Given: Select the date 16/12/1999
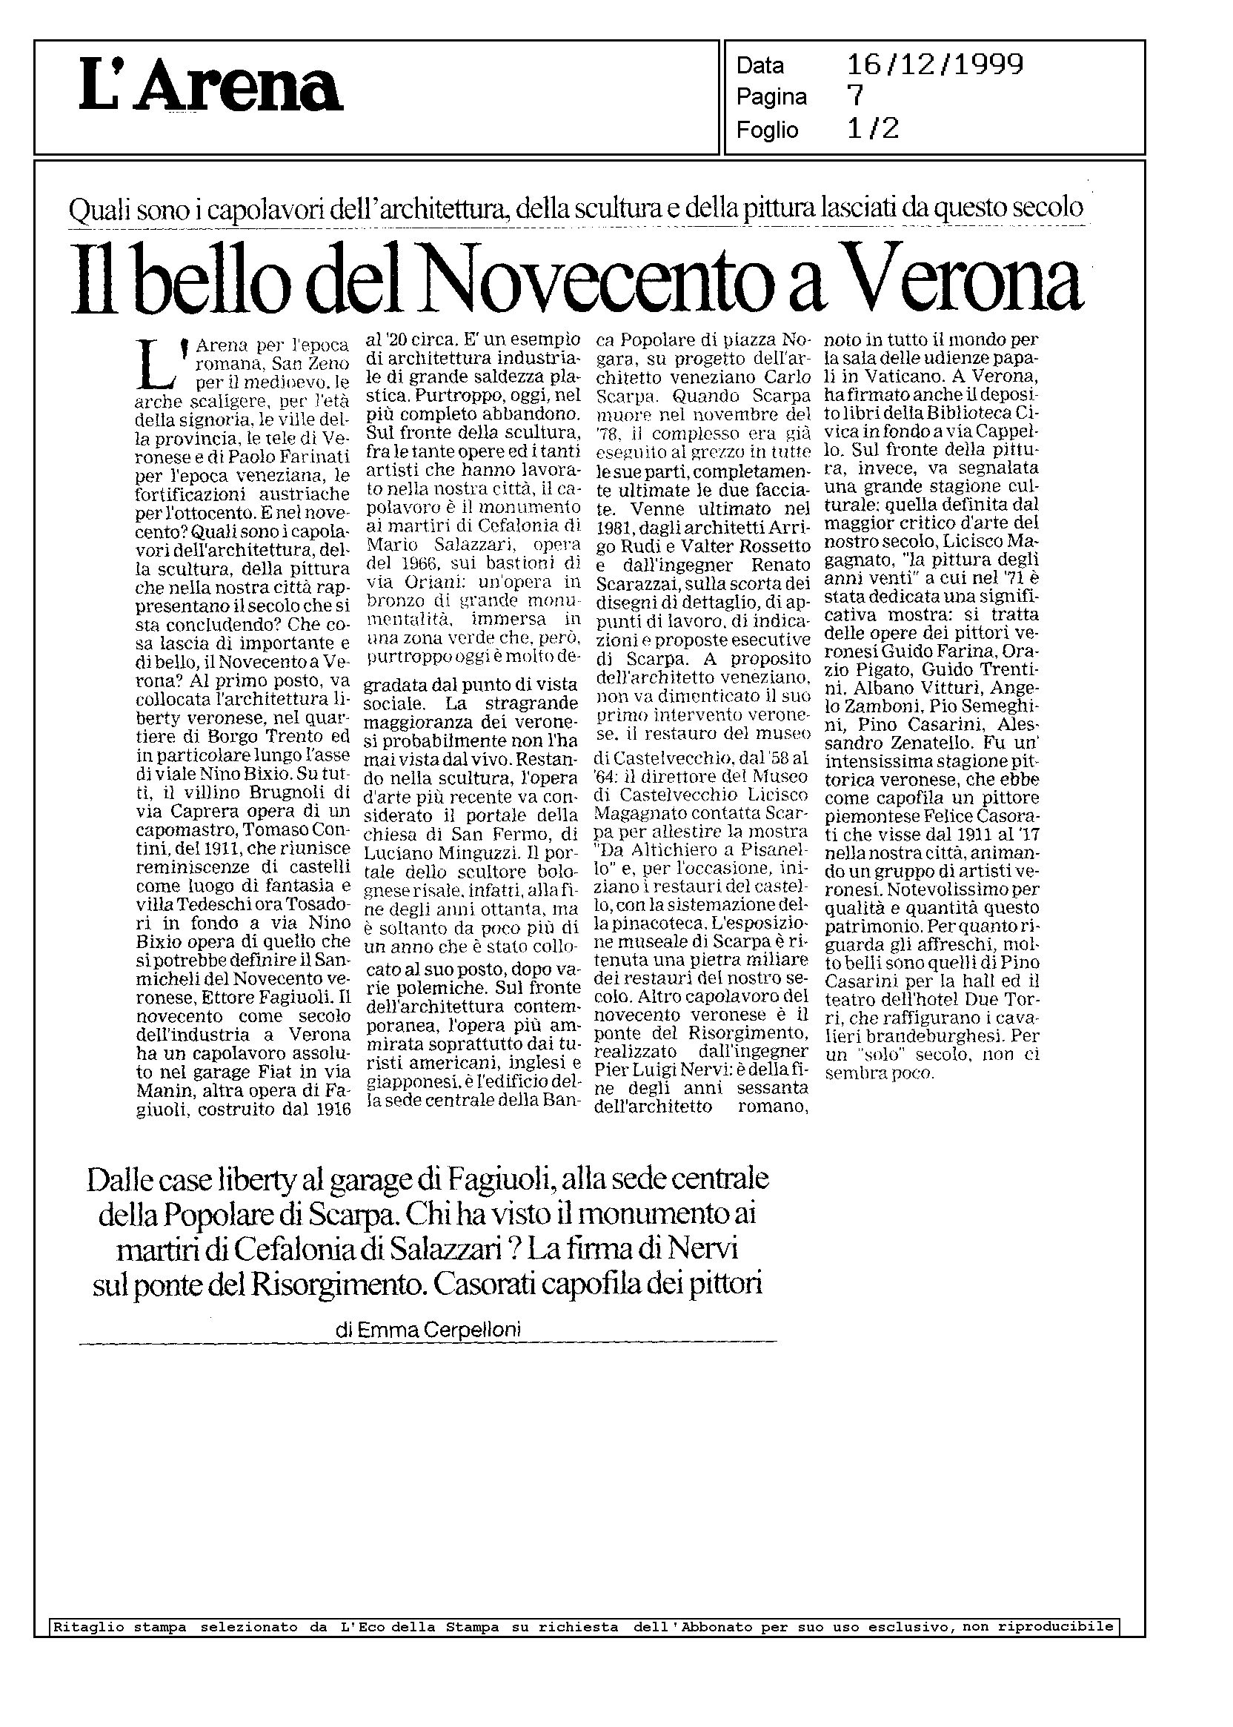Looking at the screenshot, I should click(x=934, y=64).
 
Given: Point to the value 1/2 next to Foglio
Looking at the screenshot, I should click(x=873, y=129).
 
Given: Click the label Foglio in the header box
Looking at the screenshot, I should click(x=767, y=130).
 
